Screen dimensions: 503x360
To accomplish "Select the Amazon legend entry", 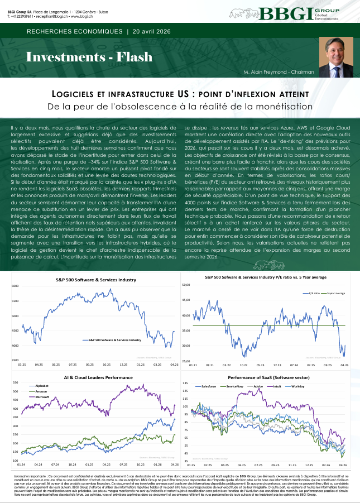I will coord(41,391).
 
